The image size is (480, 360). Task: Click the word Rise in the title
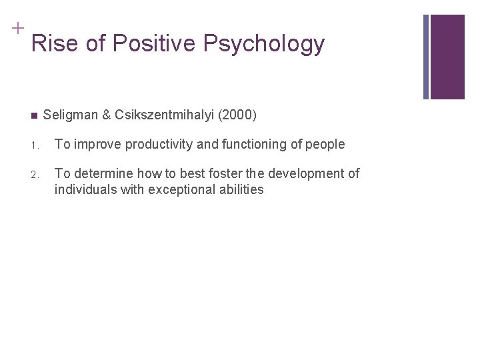pyautogui.click(x=51, y=44)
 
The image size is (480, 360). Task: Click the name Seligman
pyautogui.click(x=70, y=115)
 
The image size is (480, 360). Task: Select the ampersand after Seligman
pyautogui.click(x=106, y=115)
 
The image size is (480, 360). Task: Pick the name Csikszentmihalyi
pyautogui.click(x=165, y=115)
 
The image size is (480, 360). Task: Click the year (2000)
pyautogui.click(x=237, y=115)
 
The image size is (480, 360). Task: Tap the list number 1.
pyautogui.click(x=34, y=145)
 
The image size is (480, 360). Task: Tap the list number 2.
pyautogui.click(x=34, y=175)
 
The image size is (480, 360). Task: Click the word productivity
pyautogui.click(x=151, y=144)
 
